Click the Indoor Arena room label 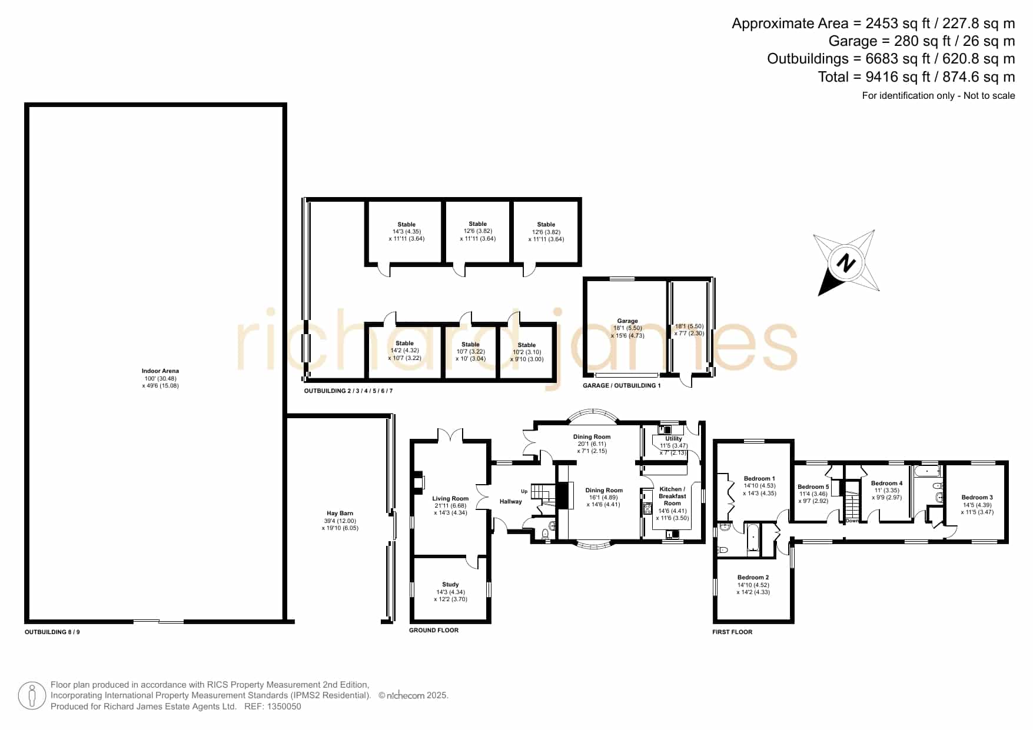tap(160, 371)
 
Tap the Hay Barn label tap(340, 514)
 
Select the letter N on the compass tap(846, 262)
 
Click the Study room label tap(450, 585)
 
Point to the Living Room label tap(450, 499)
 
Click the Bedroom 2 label tap(753, 578)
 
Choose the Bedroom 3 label tap(977, 498)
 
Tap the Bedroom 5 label tap(813, 487)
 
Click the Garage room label tap(627, 321)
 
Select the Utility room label tap(673, 439)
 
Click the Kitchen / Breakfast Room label tap(672, 496)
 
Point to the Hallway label tap(510, 502)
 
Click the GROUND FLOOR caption tap(434, 630)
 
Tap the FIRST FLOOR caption tap(732, 632)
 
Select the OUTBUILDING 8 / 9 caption tap(52, 632)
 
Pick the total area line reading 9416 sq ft tap(916, 77)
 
